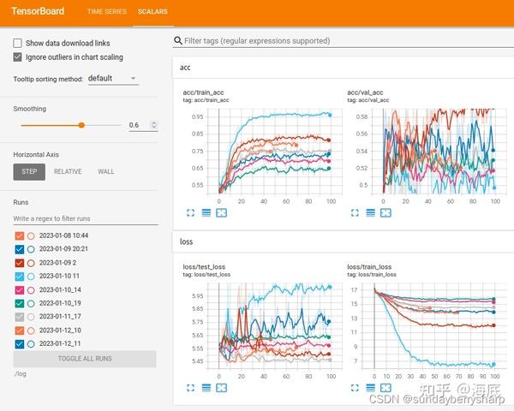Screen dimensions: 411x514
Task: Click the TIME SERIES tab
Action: click(x=106, y=12)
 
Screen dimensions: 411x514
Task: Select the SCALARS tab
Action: click(x=153, y=12)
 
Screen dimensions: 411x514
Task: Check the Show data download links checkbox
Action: click(x=18, y=43)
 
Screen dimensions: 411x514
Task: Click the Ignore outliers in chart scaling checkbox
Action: click(x=18, y=57)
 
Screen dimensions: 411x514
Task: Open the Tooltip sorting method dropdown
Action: click(x=112, y=79)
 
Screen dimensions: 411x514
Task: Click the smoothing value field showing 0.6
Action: click(x=141, y=125)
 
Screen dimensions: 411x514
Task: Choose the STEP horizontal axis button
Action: click(x=29, y=171)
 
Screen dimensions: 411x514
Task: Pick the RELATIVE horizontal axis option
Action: click(x=68, y=171)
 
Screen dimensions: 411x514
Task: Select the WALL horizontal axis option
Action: click(x=105, y=171)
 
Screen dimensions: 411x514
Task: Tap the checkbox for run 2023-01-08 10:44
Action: click(x=19, y=235)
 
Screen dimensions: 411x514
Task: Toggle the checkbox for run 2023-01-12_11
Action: click(x=19, y=344)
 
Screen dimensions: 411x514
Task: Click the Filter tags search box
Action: click(x=343, y=40)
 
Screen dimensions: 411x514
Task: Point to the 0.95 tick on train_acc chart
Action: click(x=198, y=116)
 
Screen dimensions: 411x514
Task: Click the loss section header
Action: click(x=187, y=241)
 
